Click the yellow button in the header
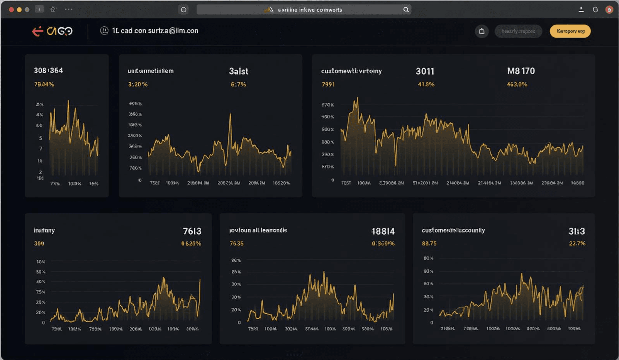coord(570,31)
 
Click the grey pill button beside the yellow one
coord(518,31)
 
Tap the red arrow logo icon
coord(37,31)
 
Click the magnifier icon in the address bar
coord(406,10)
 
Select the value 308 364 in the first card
coord(48,70)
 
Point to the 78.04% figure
coord(44,84)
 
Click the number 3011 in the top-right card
coord(425,71)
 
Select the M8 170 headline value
coord(521,71)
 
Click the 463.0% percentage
coord(517,84)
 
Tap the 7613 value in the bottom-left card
coord(192,231)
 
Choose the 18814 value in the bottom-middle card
coord(383,231)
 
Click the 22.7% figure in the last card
coord(577,243)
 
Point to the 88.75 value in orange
coord(429,243)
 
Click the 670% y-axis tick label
coord(327,105)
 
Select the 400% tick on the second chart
coord(135,103)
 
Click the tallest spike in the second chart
coord(231,114)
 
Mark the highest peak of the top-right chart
coord(357,98)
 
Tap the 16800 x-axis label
coord(577,183)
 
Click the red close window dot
coord(11,10)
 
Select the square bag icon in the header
coord(482,31)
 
